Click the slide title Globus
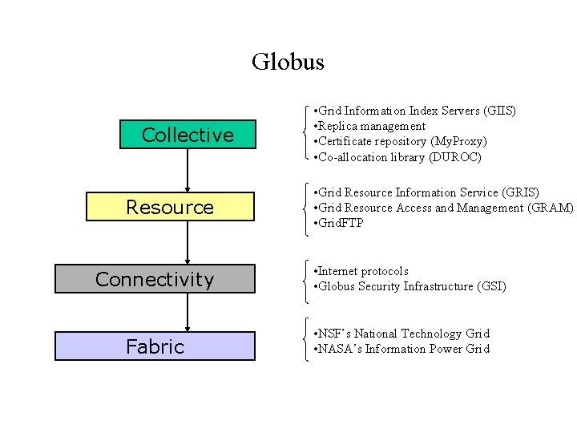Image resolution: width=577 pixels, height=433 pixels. click(288, 62)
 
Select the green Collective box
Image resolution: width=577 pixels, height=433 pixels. click(188, 135)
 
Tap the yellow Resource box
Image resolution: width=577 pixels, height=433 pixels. click(170, 207)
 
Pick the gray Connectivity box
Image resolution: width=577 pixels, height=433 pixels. click(155, 279)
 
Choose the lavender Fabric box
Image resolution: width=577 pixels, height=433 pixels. click(155, 346)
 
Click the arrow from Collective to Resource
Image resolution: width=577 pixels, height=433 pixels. click(188, 171)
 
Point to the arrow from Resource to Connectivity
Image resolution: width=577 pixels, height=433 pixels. click(188, 242)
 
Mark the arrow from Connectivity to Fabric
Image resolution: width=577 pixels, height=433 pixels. click(188, 313)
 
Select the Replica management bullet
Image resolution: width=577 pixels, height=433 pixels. click(370, 126)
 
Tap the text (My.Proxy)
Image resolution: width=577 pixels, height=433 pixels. click(458, 141)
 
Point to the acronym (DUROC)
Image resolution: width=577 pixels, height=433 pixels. click(454, 157)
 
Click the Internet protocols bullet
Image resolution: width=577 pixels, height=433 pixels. click(361, 271)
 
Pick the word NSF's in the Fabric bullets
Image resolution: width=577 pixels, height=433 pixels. click(336, 334)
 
